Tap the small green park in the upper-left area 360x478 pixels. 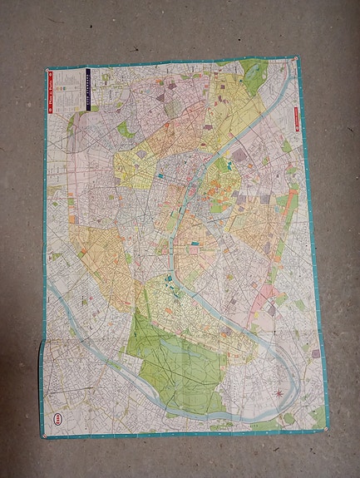125,129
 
